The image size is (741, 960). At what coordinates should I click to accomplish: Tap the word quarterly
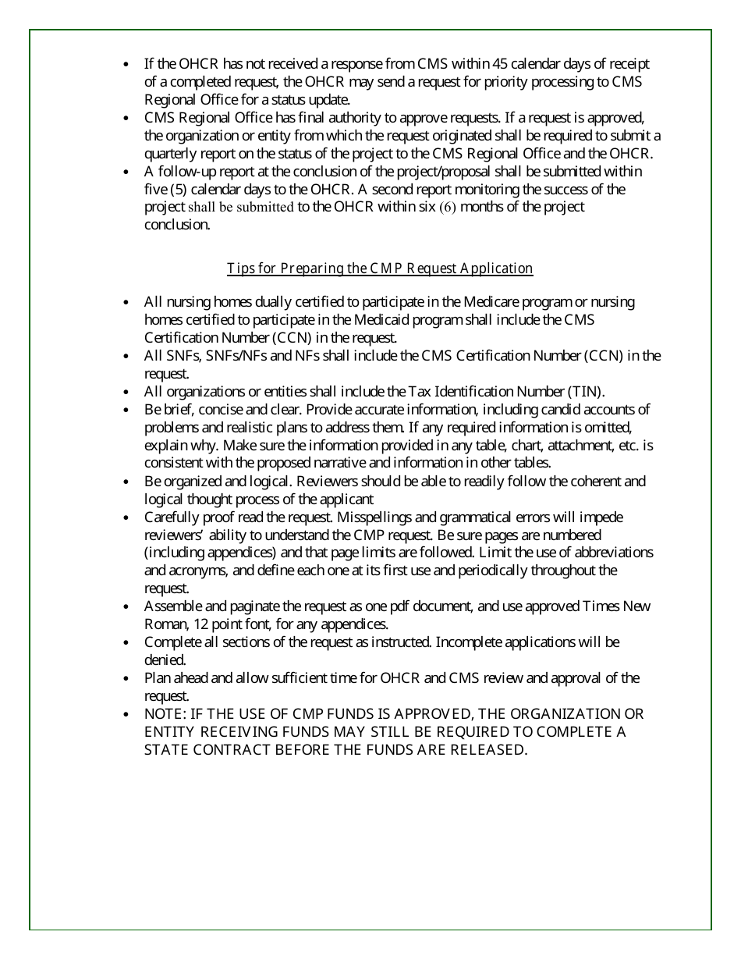pyautogui.click(x=172, y=154)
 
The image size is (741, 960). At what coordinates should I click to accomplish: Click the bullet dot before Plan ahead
pyautogui.click(x=126, y=678)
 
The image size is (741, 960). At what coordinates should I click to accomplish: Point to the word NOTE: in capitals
pyautogui.click(x=164, y=714)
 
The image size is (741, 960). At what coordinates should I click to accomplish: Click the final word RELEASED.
pyautogui.click(x=489, y=750)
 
